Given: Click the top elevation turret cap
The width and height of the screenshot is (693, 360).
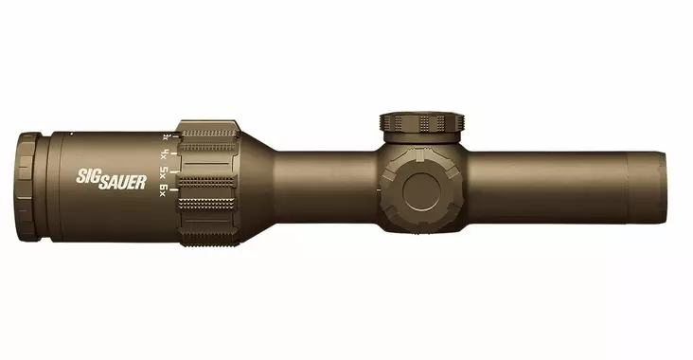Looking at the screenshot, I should [x=424, y=124].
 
